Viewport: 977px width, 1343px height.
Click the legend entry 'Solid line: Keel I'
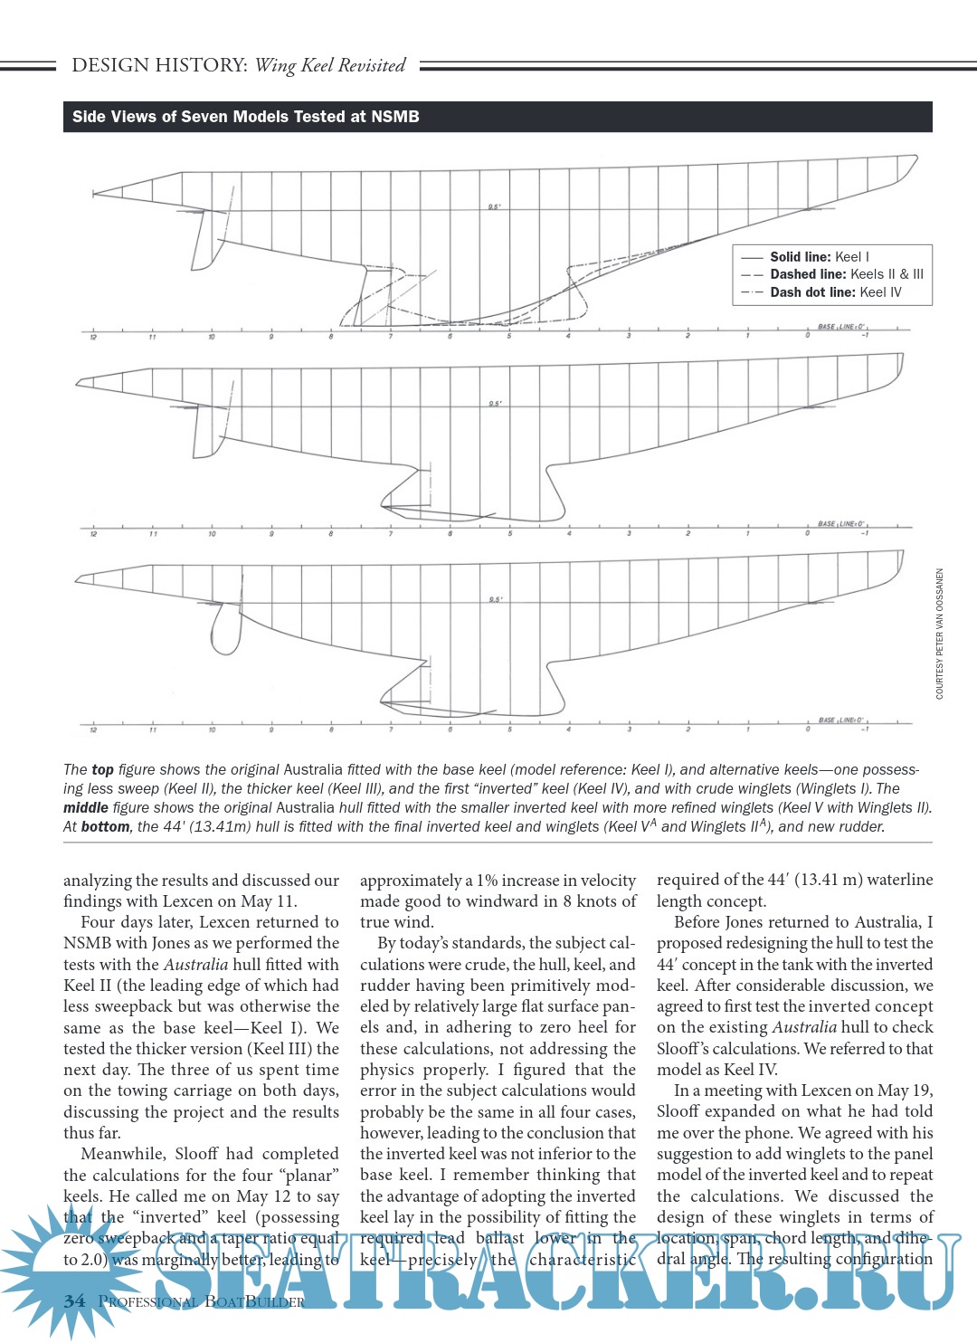pos(819,257)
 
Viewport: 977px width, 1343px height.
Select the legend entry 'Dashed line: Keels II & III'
pos(846,274)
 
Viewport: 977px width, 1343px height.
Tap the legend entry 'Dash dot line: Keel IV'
pos(835,292)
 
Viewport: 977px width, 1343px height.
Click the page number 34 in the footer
pos(75,1301)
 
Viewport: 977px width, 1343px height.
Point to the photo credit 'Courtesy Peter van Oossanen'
pos(940,633)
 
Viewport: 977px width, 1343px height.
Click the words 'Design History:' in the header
pos(159,65)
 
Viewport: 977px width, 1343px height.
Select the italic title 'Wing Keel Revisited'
pos(330,65)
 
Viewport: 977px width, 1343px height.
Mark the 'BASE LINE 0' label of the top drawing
pos(841,327)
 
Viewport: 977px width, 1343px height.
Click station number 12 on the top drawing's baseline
pos(93,338)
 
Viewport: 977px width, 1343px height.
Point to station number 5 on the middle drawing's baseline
pos(510,534)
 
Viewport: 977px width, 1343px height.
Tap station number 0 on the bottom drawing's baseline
pos(808,729)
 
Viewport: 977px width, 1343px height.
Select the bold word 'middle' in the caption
pos(84,808)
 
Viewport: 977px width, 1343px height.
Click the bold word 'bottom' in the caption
pos(105,827)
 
